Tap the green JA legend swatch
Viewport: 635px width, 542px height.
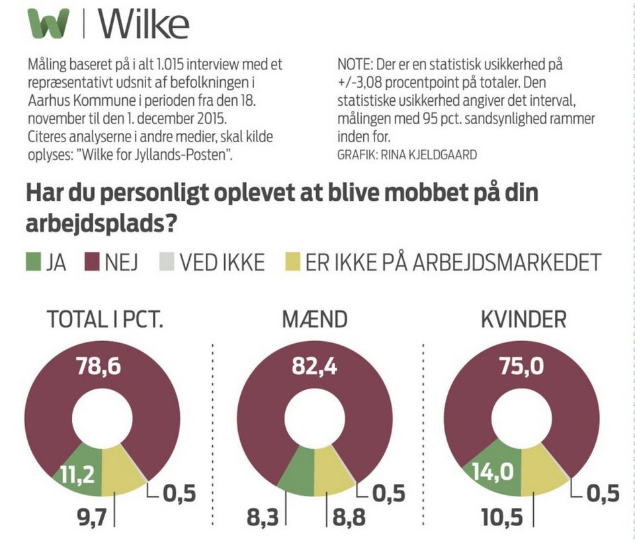(x=33, y=262)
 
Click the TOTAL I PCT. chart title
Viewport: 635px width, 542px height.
(x=105, y=320)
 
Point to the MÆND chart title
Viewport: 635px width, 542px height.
(x=315, y=320)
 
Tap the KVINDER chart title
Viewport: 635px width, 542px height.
(x=524, y=320)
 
